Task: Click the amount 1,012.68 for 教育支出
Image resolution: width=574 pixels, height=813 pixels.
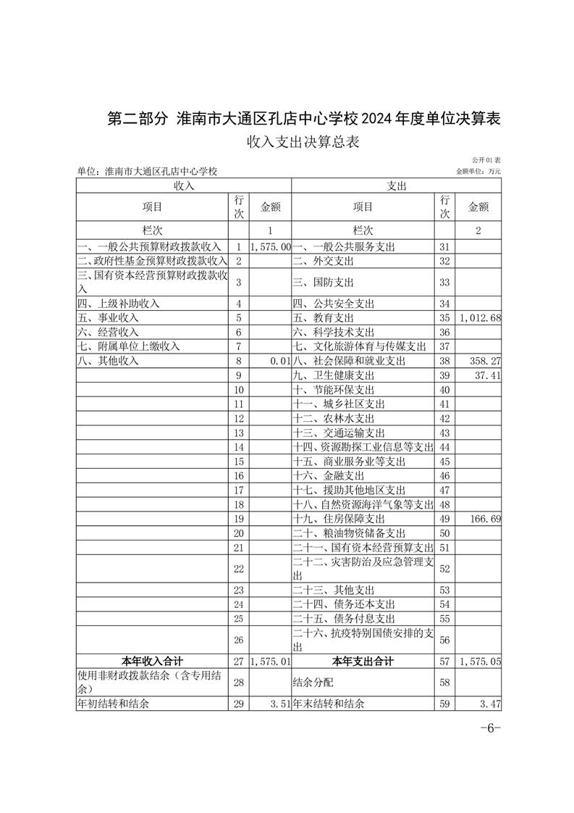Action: click(x=480, y=318)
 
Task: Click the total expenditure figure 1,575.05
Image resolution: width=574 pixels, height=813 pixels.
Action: click(x=480, y=662)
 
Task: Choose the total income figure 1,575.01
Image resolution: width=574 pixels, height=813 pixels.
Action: click(x=270, y=662)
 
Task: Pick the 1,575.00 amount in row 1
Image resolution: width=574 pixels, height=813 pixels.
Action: click(x=270, y=247)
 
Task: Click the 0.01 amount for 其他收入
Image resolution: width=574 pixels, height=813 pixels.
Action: click(x=279, y=361)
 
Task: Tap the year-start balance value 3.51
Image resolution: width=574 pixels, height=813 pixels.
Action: click(x=279, y=704)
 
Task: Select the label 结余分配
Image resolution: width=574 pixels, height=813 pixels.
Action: click(x=312, y=683)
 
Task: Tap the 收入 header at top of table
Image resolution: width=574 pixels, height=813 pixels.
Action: click(x=184, y=186)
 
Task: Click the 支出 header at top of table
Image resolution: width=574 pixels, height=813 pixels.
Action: click(x=397, y=186)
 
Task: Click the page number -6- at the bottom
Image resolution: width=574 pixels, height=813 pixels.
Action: click(x=490, y=728)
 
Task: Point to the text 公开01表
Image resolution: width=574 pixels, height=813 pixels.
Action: click(x=486, y=159)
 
